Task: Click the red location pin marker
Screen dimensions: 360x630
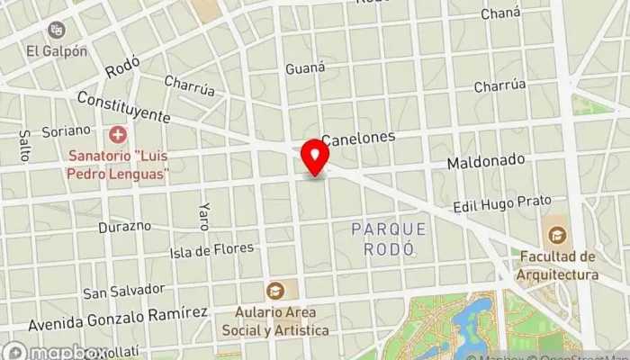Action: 315,157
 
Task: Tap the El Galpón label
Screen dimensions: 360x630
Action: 57,51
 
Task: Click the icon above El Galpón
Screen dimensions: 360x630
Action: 58,31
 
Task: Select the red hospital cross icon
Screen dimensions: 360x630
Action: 117,136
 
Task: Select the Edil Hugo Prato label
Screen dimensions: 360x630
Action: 501,203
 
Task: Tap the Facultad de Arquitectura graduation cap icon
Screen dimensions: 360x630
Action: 557,235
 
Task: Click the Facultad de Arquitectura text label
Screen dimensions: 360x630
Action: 558,265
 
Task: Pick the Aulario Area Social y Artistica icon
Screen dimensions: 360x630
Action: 275,290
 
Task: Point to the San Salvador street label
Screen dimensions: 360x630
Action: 124,291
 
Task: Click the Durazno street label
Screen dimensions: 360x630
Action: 124,225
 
